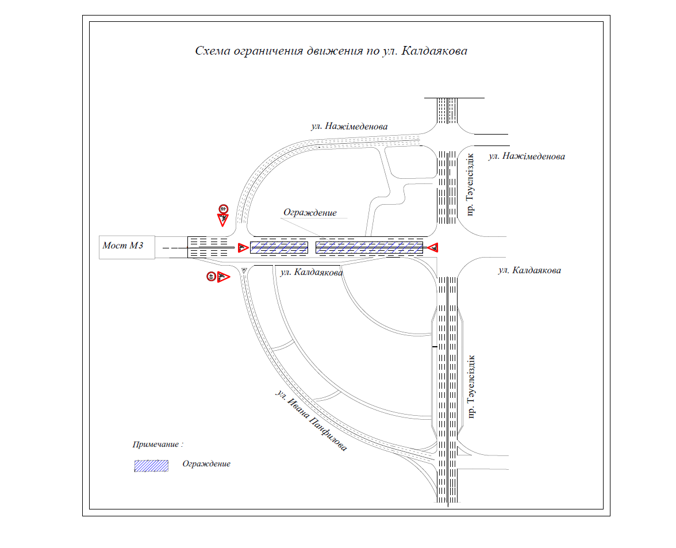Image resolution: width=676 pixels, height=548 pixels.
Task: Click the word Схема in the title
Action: click(213, 51)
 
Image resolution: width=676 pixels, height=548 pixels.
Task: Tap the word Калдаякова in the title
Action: click(434, 51)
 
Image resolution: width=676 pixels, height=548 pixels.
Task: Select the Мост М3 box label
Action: click(123, 246)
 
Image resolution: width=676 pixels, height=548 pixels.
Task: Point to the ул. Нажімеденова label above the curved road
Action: click(349, 127)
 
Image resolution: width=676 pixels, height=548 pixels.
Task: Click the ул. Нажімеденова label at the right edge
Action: click(527, 156)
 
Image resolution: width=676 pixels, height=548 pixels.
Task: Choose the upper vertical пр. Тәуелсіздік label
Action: click(470, 185)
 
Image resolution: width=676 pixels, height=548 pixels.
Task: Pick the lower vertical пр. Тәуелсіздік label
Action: click(471, 386)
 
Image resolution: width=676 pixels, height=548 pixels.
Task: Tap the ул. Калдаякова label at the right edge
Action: click(529, 270)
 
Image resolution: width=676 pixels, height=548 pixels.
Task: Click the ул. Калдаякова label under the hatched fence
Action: click(312, 272)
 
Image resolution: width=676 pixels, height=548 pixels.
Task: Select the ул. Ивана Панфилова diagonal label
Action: click(311, 420)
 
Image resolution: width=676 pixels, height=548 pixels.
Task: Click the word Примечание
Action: click(156, 444)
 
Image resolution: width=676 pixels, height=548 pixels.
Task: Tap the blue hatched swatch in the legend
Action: click(151, 466)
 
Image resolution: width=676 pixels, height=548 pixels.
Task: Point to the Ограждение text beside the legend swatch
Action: click(206, 464)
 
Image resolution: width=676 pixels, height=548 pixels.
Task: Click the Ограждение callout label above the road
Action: click(310, 213)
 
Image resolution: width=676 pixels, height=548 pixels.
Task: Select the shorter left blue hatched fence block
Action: click(279, 247)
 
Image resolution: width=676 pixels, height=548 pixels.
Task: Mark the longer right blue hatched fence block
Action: click(370, 247)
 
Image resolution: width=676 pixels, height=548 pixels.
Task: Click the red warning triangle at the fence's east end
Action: click(433, 247)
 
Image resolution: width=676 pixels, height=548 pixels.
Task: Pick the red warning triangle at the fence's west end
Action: click(243, 248)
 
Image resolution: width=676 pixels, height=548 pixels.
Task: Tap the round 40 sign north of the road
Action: click(223, 209)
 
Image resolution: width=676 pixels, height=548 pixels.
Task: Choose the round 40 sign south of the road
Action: click(211, 277)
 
